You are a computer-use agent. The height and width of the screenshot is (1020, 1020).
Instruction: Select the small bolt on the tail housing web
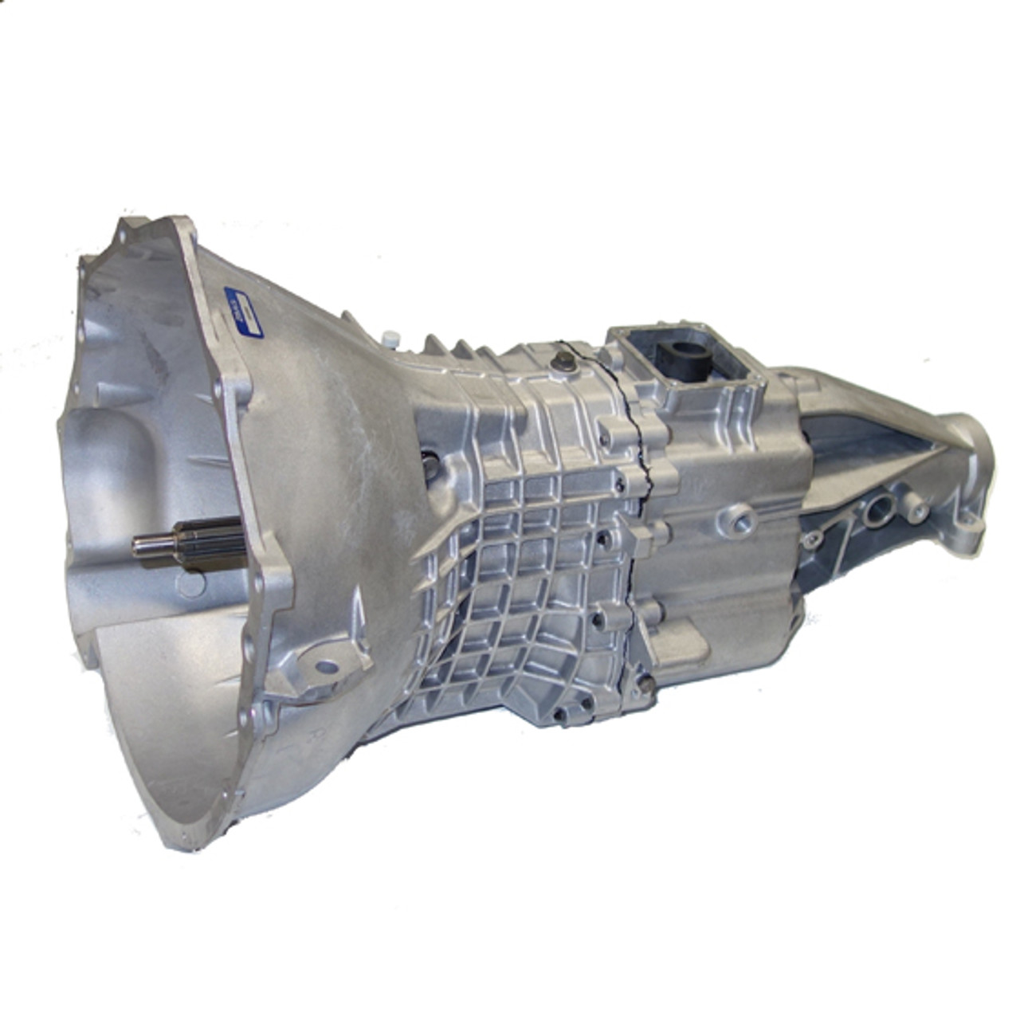pyautogui.click(x=810, y=541)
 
